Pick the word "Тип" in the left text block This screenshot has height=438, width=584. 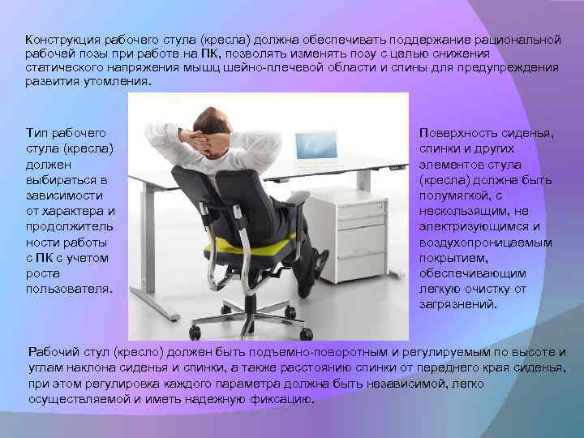(37, 132)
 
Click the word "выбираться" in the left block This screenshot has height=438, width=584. (58, 179)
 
